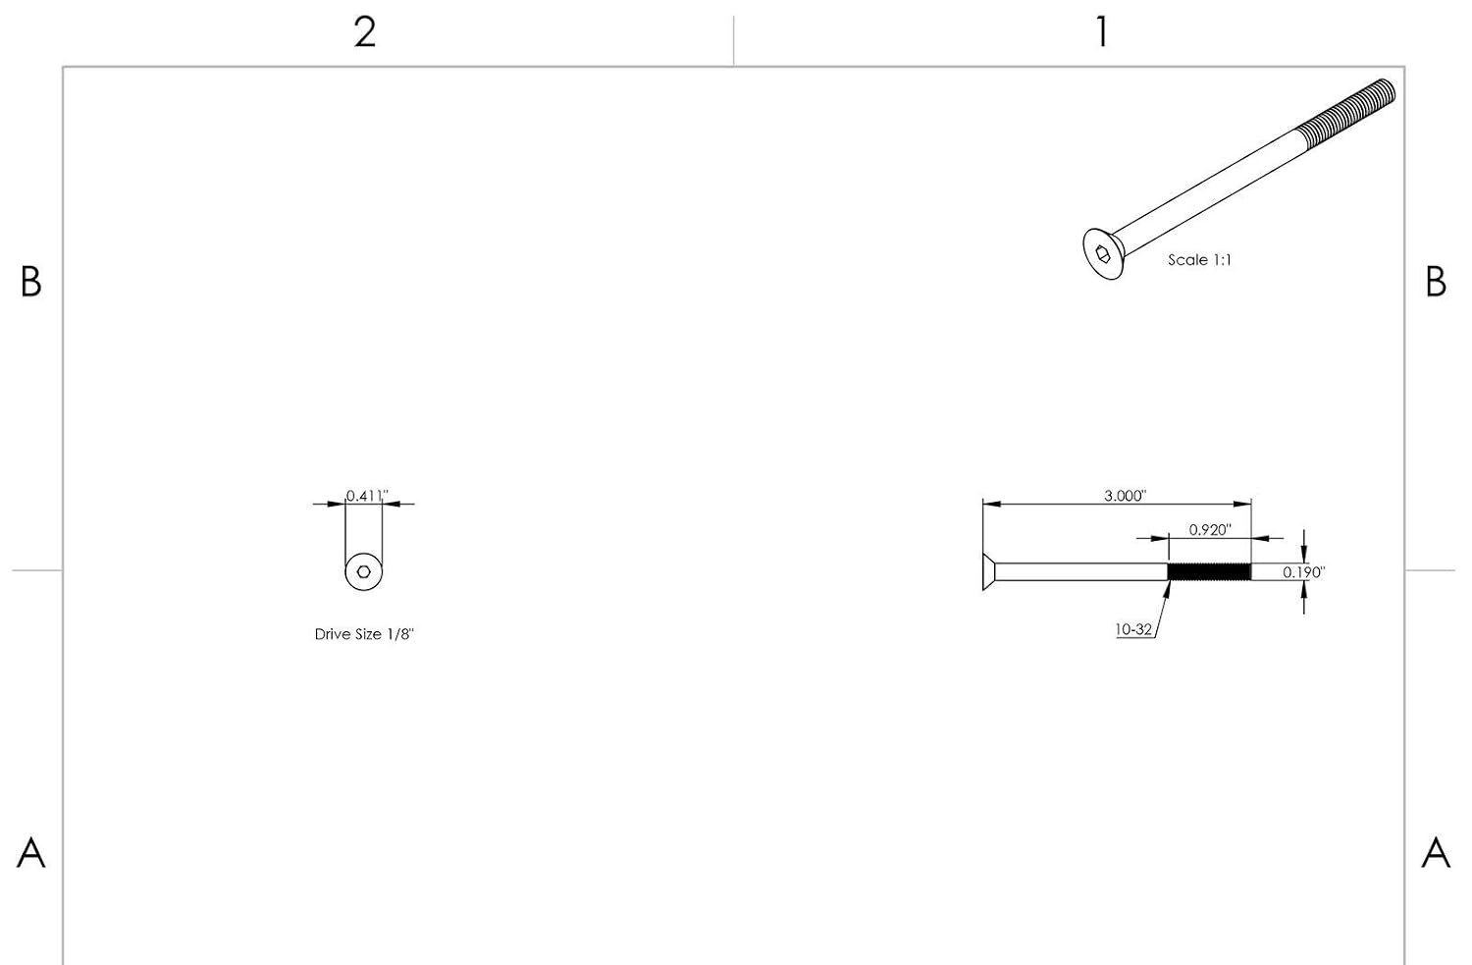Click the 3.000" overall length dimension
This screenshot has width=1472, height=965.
[1125, 495]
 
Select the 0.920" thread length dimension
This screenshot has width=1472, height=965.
[1210, 529]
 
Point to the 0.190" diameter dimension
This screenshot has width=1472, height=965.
[1304, 572]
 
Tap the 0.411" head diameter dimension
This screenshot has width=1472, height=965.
[367, 495]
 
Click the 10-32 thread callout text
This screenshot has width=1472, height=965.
[1133, 629]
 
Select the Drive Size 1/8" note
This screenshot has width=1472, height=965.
[364, 634]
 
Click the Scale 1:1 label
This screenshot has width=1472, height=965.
[1199, 259]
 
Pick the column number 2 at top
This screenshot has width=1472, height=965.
[365, 32]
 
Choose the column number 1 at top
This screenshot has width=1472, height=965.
[1102, 32]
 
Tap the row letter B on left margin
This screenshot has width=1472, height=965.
[30, 282]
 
